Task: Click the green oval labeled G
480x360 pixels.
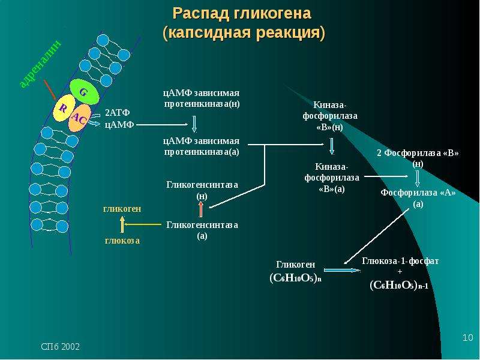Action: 85,92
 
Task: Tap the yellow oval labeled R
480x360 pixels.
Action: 64,108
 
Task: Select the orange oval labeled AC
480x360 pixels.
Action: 79,118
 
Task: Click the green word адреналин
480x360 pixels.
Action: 40,64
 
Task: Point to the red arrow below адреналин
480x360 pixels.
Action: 50,89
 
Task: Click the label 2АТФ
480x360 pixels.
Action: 117,113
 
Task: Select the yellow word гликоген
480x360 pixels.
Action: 122,209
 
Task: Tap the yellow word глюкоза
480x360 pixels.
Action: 122,241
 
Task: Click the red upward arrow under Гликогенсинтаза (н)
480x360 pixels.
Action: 201,209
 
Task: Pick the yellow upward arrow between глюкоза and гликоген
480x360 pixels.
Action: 122,224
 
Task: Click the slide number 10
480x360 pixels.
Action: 467,338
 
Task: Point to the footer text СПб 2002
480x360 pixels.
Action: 61,347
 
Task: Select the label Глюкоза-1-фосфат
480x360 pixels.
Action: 400,261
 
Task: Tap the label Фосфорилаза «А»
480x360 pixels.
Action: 418,193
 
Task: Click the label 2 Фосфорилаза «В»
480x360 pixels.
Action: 418,153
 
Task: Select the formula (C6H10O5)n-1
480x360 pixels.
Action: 399,286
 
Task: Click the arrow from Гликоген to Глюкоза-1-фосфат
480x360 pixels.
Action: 342,271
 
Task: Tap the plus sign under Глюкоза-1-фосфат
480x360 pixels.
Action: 400,272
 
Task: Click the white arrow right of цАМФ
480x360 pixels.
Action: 162,125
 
